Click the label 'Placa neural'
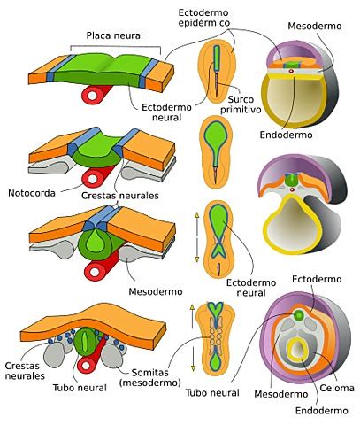pyautogui.click(x=116, y=35)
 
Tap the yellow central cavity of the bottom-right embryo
pyautogui.click(x=303, y=347)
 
